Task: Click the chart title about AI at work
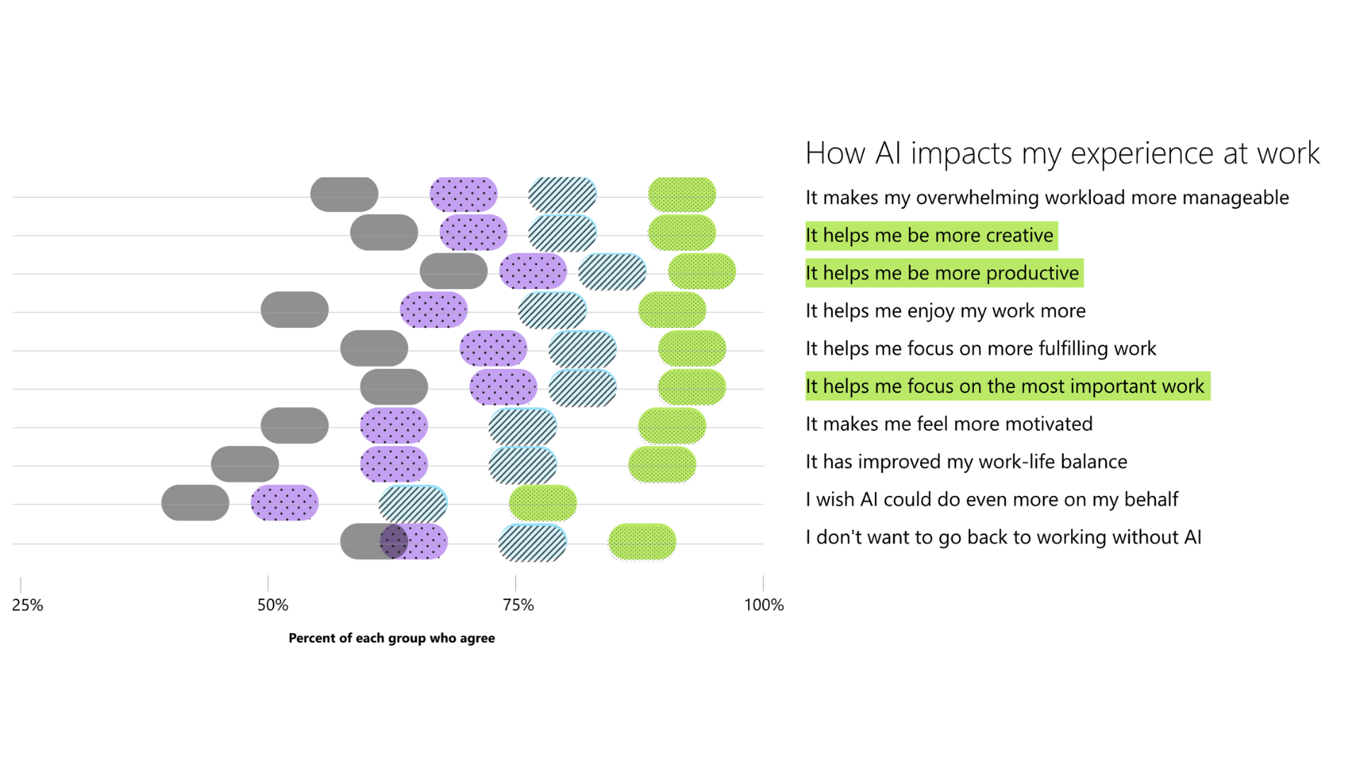click(x=1062, y=153)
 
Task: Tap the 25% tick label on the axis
click(x=28, y=605)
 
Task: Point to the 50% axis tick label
click(x=273, y=605)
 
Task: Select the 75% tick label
click(x=518, y=605)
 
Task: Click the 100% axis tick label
click(x=764, y=605)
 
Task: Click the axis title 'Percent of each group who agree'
click(x=392, y=638)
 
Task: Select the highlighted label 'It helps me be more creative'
click(x=930, y=235)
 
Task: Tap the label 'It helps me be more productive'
click(x=943, y=273)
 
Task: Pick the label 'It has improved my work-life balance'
click(x=966, y=462)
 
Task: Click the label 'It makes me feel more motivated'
click(x=949, y=424)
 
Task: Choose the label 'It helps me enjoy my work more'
click(x=946, y=311)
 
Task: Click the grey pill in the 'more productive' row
click(x=453, y=271)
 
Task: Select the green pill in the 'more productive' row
click(x=702, y=271)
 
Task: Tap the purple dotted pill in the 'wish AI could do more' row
click(x=285, y=503)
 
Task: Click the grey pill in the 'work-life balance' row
click(x=245, y=464)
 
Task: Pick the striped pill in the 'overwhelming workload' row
click(x=562, y=195)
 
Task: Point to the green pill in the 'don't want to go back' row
click(x=642, y=542)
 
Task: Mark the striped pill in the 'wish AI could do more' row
click(x=413, y=503)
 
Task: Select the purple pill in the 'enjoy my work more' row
click(x=433, y=310)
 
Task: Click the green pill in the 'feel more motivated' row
click(x=672, y=426)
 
